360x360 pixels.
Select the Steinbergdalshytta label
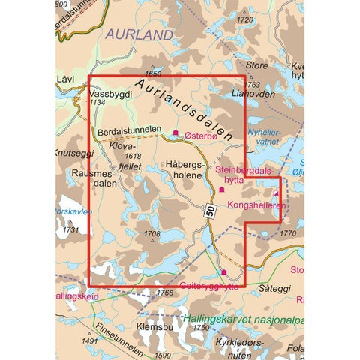coord(244,175)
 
